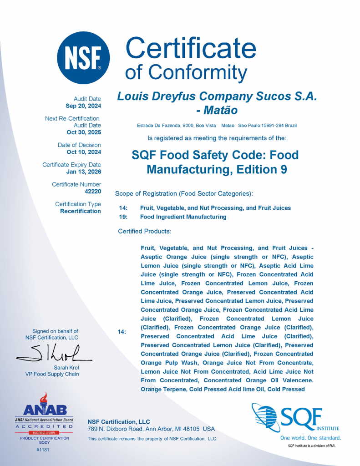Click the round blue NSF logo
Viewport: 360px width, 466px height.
pyautogui.click(x=83, y=58)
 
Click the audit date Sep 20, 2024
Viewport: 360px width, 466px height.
pyautogui.click(x=83, y=106)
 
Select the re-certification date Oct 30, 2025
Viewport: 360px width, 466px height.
pyautogui.click(x=84, y=132)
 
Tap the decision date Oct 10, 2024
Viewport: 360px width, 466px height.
pyautogui.click(x=84, y=152)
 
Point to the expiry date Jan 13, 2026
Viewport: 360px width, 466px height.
pyautogui.click(x=84, y=172)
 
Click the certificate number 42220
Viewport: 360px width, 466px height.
pyautogui.click(x=93, y=192)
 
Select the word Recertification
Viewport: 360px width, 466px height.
pyautogui.click(x=81, y=211)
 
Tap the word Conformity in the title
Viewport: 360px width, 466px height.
pyautogui.click(x=199, y=71)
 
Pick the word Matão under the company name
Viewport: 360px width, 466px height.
pyautogui.click(x=220, y=110)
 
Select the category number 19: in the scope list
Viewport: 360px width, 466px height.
pyautogui.click(x=123, y=217)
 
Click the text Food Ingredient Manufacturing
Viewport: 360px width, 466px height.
pyautogui.click(x=183, y=217)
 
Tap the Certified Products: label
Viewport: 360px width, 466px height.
pyautogui.click(x=144, y=231)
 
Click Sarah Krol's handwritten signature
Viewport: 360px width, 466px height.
pyautogui.click(x=55, y=353)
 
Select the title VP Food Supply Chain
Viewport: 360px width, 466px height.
pyautogui.click(x=52, y=374)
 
